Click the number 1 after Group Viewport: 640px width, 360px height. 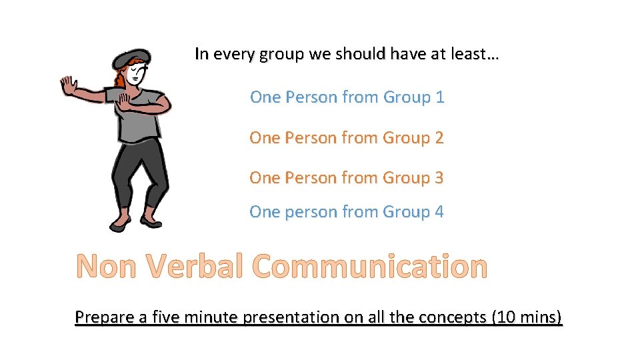tap(439, 97)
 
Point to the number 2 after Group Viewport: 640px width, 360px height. tap(439, 138)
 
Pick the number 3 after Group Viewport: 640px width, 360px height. tap(439, 178)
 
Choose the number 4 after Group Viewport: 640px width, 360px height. tap(439, 212)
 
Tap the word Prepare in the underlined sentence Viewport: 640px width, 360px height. tap(104, 317)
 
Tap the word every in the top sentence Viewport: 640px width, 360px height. tap(231, 55)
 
